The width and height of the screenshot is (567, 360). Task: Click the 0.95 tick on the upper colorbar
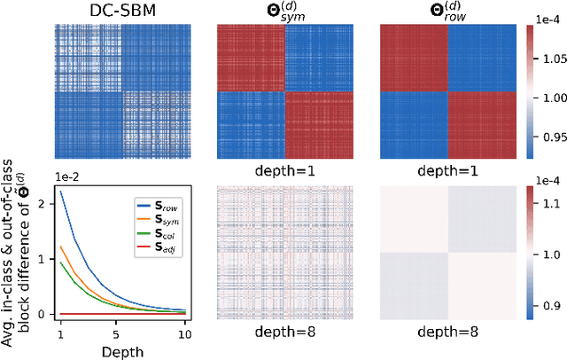(x=551, y=137)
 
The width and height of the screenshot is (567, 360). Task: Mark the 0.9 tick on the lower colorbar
(x=551, y=306)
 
